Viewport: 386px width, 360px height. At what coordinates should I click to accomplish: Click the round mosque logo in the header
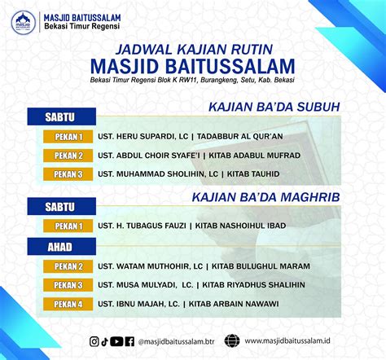(x=24, y=23)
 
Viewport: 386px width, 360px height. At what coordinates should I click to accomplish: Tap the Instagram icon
(x=94, y=341)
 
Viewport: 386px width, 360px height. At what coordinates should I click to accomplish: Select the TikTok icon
(x=104, y=341)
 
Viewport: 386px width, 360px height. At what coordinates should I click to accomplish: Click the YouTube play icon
(x=116, y=341)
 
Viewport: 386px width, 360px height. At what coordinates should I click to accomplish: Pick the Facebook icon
(x=129, y=341)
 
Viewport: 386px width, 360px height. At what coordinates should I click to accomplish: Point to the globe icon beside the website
(x=232, y=341)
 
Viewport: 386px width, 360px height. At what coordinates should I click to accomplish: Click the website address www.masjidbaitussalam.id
(x=287, y=340)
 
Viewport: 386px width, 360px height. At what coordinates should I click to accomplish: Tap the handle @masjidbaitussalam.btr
(x=176, y=341)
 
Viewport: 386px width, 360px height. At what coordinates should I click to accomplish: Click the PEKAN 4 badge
(x=68, y=304)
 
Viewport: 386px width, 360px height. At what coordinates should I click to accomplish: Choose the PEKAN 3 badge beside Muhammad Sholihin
(x=68, y=174)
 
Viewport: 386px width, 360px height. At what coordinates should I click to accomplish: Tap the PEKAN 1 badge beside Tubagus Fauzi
(x=68, y=226)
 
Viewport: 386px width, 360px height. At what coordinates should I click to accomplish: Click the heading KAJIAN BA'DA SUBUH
(x=274, y=107)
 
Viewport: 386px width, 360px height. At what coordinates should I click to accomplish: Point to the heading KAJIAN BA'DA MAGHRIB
(x=266, y=197)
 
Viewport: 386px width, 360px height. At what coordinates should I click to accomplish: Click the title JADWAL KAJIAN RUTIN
(x=194, y=50)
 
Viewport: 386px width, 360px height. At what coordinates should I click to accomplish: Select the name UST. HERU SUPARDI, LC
(x=143, y=136)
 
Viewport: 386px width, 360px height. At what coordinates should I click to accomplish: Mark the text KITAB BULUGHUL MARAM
(x=261, y=266)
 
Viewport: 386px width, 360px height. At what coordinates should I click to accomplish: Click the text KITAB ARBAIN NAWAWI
(x=234, y=304)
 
